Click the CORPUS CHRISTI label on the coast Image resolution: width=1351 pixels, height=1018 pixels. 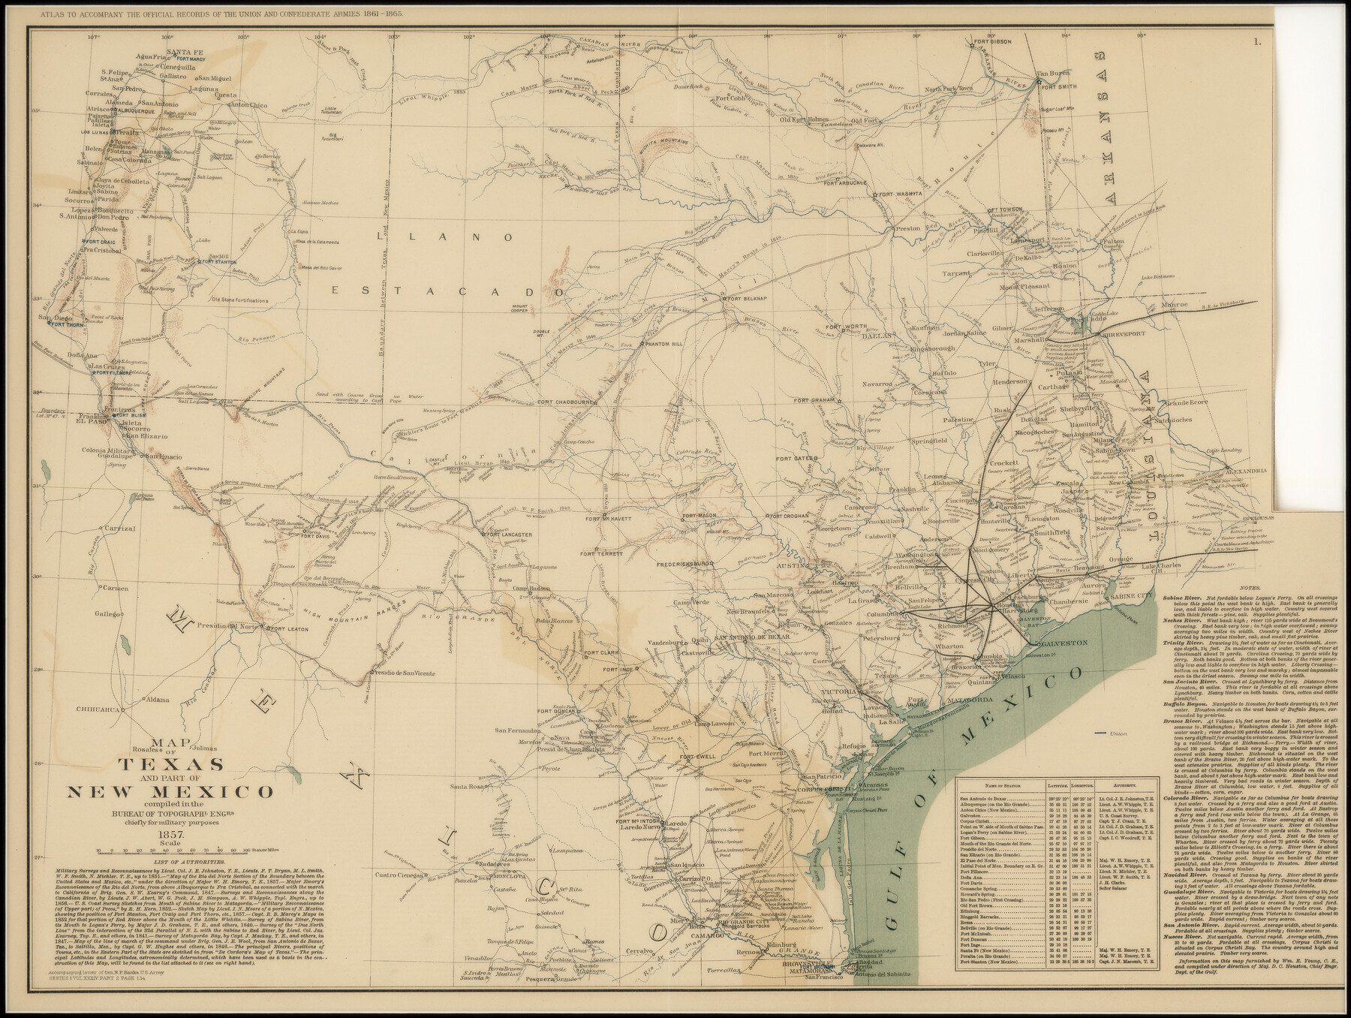tap(824, 790)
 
